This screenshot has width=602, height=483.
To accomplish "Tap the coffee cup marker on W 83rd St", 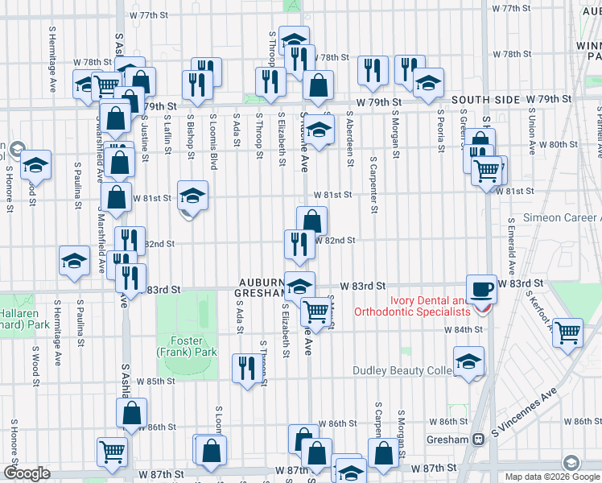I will tap(483, 288).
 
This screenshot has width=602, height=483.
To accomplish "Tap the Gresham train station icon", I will tap(477, 440).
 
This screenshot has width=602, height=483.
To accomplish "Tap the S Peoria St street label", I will tap(441, 133).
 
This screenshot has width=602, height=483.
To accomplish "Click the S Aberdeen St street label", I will tap(350, 138).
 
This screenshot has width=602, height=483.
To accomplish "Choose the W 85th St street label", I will tap(156, 381).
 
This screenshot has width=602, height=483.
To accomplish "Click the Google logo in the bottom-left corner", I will tap(27, 473).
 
